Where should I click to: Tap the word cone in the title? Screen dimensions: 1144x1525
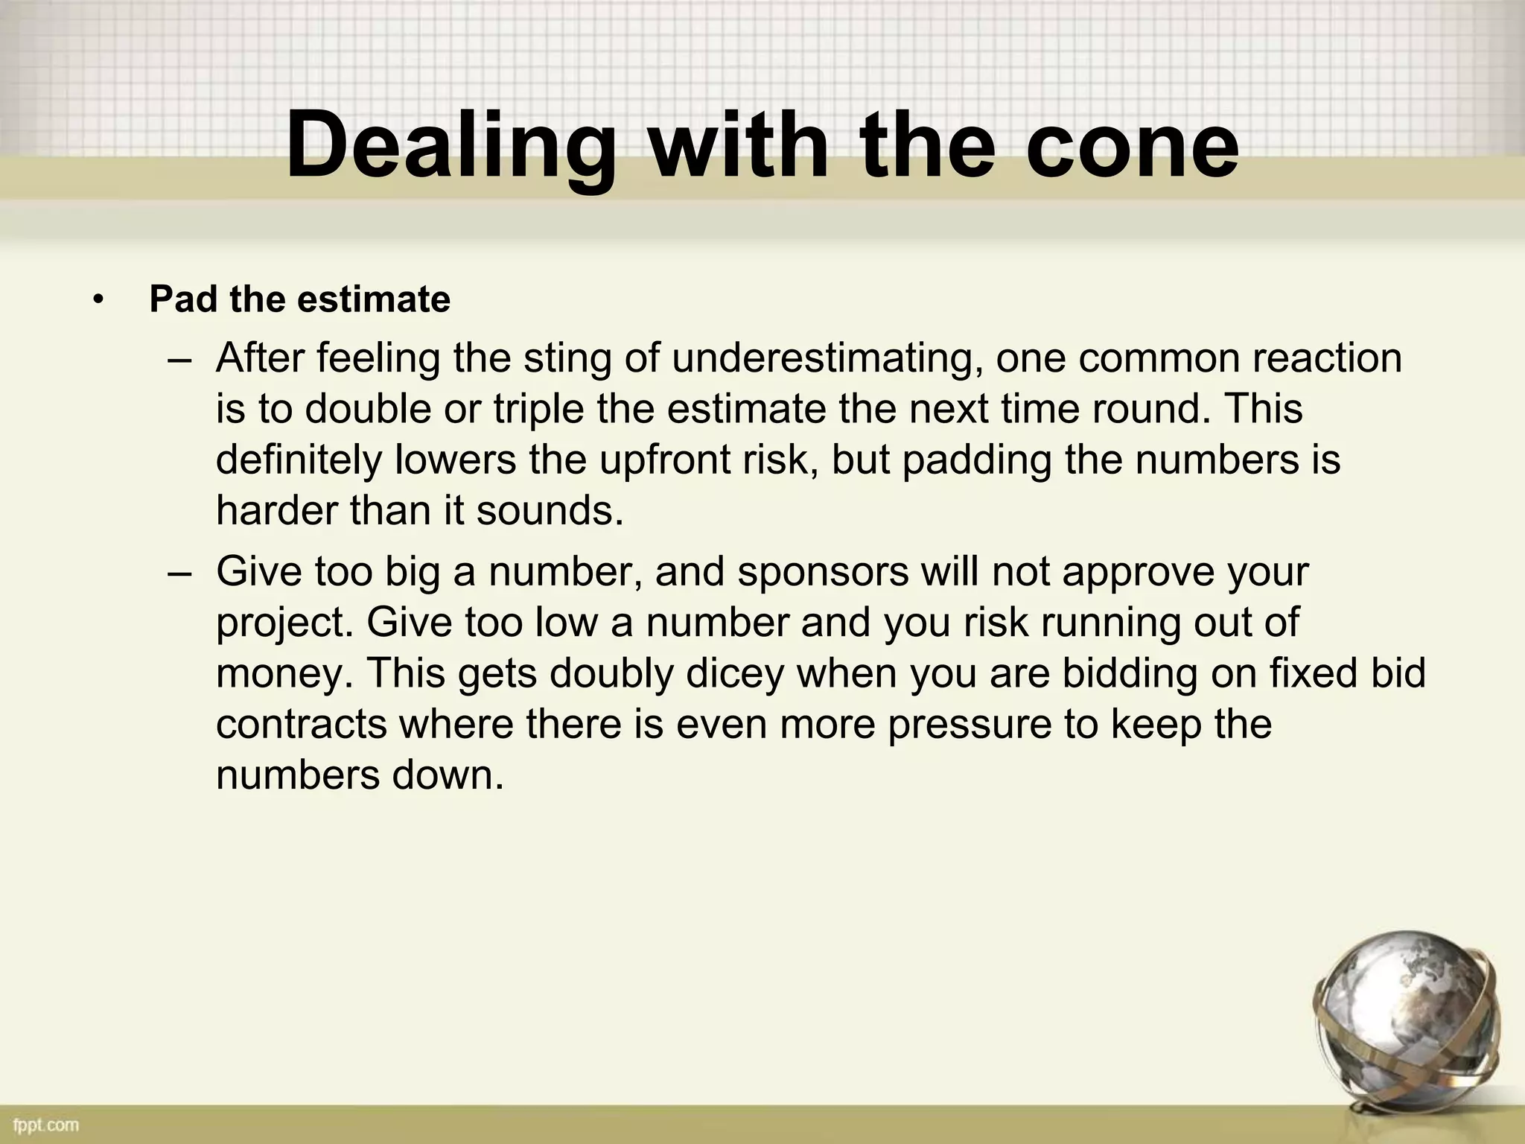tap(1132, 145)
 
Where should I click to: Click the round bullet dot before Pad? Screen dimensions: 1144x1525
tap(98, 301)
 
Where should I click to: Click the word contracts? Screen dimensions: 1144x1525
tap(302, 724)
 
